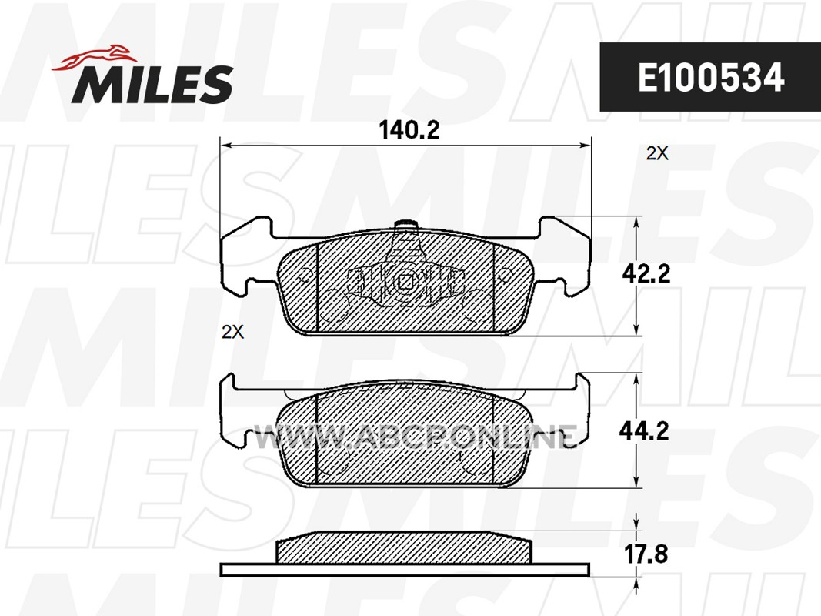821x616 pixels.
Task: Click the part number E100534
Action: coord(710,78)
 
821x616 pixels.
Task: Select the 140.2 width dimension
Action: coord(409,130)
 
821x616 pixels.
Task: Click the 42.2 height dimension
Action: coord(646,273)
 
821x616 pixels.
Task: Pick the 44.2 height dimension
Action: coord(644,431)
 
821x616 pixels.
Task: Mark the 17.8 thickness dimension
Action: coord(646,554)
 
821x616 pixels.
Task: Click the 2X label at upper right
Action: coord(657,153)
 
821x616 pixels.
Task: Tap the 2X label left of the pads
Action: coord(232,332)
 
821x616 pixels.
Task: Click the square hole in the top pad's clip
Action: coord(405,282)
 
